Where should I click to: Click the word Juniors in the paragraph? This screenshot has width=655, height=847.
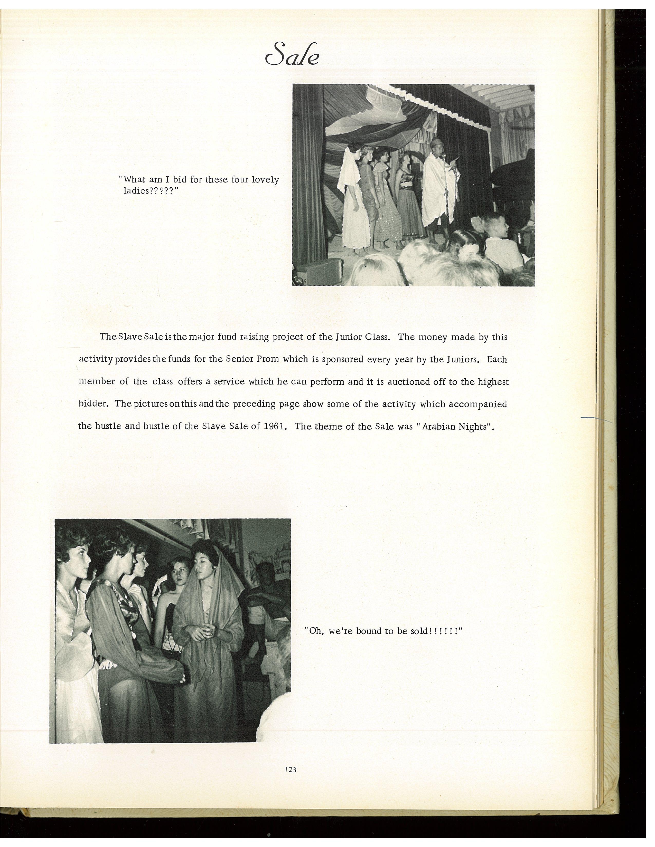461,360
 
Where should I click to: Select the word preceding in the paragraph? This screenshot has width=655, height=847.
266,404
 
